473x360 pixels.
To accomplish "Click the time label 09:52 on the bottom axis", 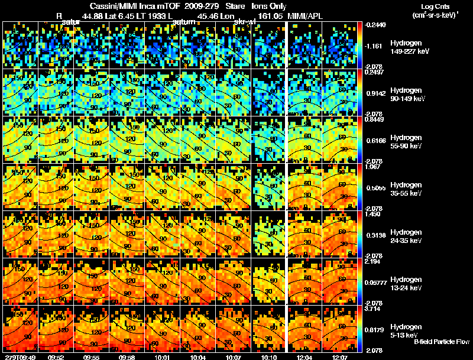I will pos(56,356).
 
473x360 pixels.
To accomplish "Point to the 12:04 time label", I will pos(304,356).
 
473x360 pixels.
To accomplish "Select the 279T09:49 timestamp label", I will pos(19,356).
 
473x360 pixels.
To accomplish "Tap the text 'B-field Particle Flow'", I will pos(441,342).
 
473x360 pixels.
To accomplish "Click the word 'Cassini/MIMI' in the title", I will pos(110,5).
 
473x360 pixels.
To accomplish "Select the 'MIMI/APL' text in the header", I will pos(305,16).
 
